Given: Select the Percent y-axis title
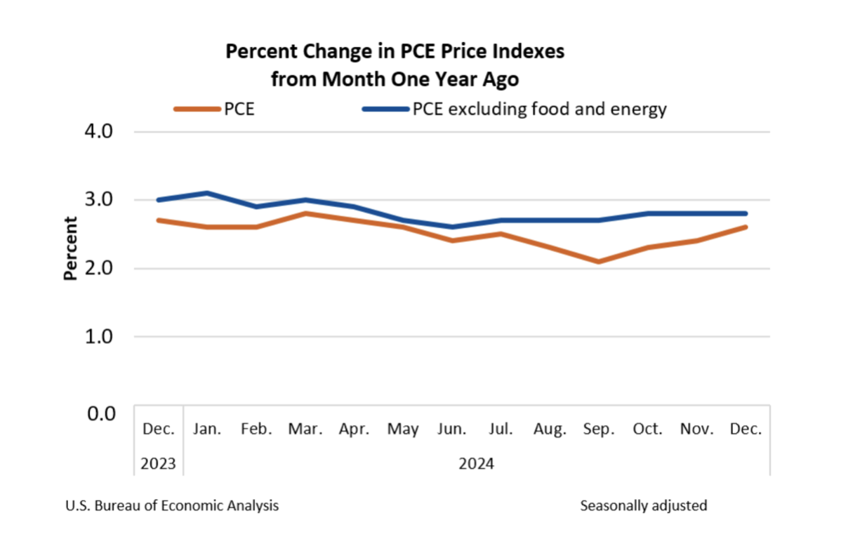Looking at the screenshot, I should (x=70, y=248).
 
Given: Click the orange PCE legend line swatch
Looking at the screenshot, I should (x=197, y=109).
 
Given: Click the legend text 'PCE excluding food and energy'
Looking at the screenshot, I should (x=539, y=109).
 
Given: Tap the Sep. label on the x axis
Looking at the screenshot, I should (x=598, y=429).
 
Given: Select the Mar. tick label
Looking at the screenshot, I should (x=305, y=429).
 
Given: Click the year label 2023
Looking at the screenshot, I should (x=158, y=464).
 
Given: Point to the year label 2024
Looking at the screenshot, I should (x=476, y=464).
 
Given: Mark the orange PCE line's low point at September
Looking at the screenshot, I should (x=598, y=262).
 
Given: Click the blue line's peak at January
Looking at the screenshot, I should (x=207, y=193).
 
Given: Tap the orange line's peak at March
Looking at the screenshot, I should (x=305, y=213).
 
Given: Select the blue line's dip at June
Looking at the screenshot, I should (x=451, y=227).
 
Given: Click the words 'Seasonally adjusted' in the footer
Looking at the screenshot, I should (x=644, y=505).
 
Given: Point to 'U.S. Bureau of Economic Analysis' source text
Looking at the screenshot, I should (x=172, y=505).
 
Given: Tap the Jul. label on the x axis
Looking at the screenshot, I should (x=501, y=429).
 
